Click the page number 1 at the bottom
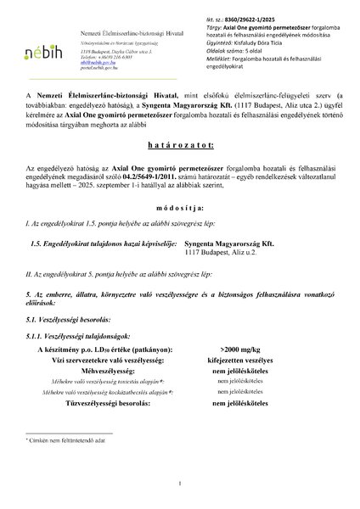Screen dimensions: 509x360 (181, 484)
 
